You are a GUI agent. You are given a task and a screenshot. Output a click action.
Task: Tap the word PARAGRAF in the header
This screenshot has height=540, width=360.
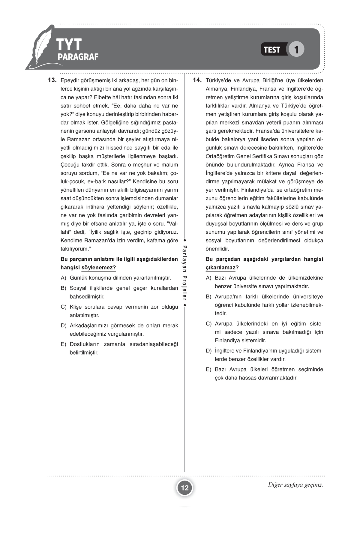click(78, 57)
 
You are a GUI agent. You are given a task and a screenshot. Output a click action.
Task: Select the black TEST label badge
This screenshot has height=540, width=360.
click(272, 49)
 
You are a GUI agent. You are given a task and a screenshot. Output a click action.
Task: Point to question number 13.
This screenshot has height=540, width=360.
click(52, 80)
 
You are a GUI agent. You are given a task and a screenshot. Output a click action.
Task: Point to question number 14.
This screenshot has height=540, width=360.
click(197, 80)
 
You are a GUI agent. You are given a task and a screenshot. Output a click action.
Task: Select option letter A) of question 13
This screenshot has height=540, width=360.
click(63, 278)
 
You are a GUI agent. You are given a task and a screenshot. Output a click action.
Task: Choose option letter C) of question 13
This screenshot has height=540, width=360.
click(63, 307)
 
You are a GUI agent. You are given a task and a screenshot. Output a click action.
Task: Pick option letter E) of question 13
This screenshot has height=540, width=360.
click(63, 344)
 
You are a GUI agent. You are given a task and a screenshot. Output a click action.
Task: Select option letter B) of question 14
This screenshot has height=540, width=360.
click(208, 297)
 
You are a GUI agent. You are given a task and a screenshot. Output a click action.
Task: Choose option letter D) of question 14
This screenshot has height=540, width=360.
click(208, 351)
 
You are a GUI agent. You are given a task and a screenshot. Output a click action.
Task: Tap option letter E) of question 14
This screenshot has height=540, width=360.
click(208, 369)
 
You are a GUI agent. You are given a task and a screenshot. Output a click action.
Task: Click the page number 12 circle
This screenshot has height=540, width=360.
click(185, 488)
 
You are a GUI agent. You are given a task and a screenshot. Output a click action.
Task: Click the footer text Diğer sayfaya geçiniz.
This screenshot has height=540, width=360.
click(295, 485)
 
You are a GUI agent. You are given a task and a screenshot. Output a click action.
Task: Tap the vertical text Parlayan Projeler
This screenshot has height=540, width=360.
click(185, 273)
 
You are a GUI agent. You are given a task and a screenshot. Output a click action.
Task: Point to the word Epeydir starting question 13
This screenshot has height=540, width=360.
click(70, 80)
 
